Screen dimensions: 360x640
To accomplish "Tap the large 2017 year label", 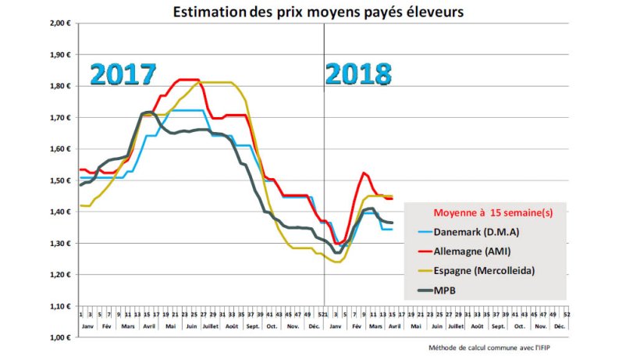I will [123, 73].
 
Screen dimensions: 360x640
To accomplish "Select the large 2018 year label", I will [358, 74].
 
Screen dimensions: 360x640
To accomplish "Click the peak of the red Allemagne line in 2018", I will [364, 173].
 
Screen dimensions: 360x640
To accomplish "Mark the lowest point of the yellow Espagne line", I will [337, 262].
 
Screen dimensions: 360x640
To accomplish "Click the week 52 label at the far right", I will [566, 312].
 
